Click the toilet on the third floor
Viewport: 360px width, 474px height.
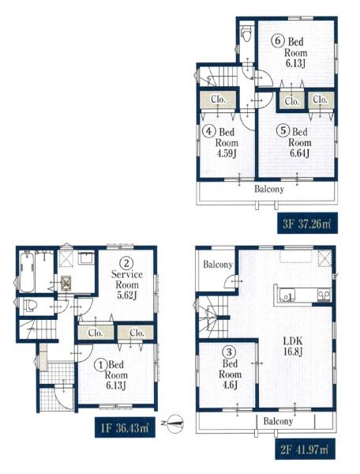click(x=246, y=33)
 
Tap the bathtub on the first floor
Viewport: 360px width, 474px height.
click(x=27, y=272)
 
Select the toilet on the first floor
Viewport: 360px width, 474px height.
click(x=30, y=306)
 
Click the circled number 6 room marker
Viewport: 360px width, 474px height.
click(x=277, y=40)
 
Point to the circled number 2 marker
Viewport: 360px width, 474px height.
click(x=126, y=263)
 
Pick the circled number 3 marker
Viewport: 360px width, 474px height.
click(x=229, y=352)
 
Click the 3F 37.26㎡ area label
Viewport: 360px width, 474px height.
click(x=307, y=224)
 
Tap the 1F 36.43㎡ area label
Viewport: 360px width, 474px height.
click(x=125, y=427)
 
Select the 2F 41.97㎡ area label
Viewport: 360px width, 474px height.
click(x=305, y=449)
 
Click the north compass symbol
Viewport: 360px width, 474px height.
click(x=174, y=423)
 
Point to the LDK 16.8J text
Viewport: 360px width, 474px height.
click(x=293, y=346)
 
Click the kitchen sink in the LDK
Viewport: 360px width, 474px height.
click(x=287, y=295)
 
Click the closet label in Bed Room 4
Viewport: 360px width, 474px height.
click(x=218, y=100)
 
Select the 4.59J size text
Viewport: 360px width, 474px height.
click(x=227, y=153)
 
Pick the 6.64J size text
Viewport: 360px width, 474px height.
click(x=299, y=153)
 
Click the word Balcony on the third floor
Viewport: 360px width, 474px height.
click(x=269, y=190)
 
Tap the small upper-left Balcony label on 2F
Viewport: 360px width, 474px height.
click(x=217, y=265)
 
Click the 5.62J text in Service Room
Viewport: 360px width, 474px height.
click(x=127, y=295)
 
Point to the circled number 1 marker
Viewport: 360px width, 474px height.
click(x=101, y=366)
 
